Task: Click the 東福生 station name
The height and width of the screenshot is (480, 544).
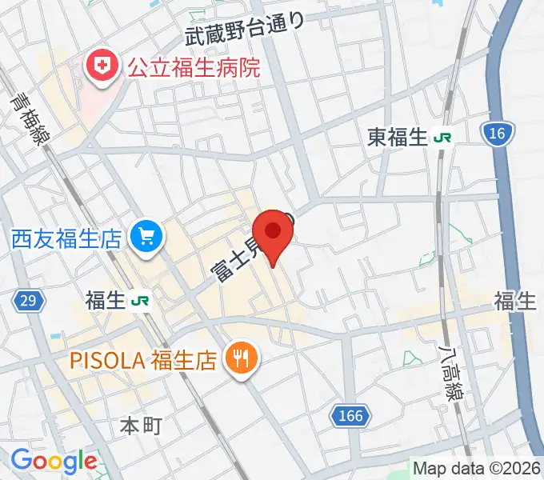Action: (398, 138)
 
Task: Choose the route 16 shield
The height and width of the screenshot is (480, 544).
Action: (497, 134)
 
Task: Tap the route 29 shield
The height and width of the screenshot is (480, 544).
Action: (27, 301)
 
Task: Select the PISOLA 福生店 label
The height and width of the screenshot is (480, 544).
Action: (144, 359)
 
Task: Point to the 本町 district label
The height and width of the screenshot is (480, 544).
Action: (141, 425)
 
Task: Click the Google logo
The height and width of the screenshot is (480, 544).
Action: (53, 462)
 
